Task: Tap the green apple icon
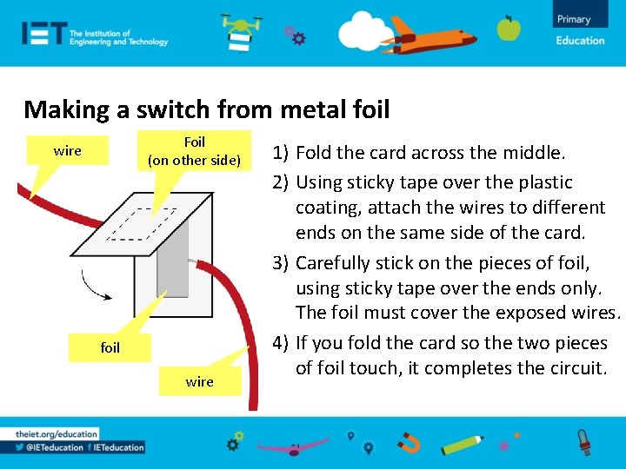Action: [509, 29]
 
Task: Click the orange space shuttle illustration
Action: [433, 34]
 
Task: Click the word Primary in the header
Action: [574, 19]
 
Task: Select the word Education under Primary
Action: [580, 40]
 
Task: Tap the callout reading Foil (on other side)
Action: [195, 151]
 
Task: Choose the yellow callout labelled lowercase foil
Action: [110, 347]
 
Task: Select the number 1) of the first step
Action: [281, 153]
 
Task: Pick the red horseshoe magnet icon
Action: [409, 444]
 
